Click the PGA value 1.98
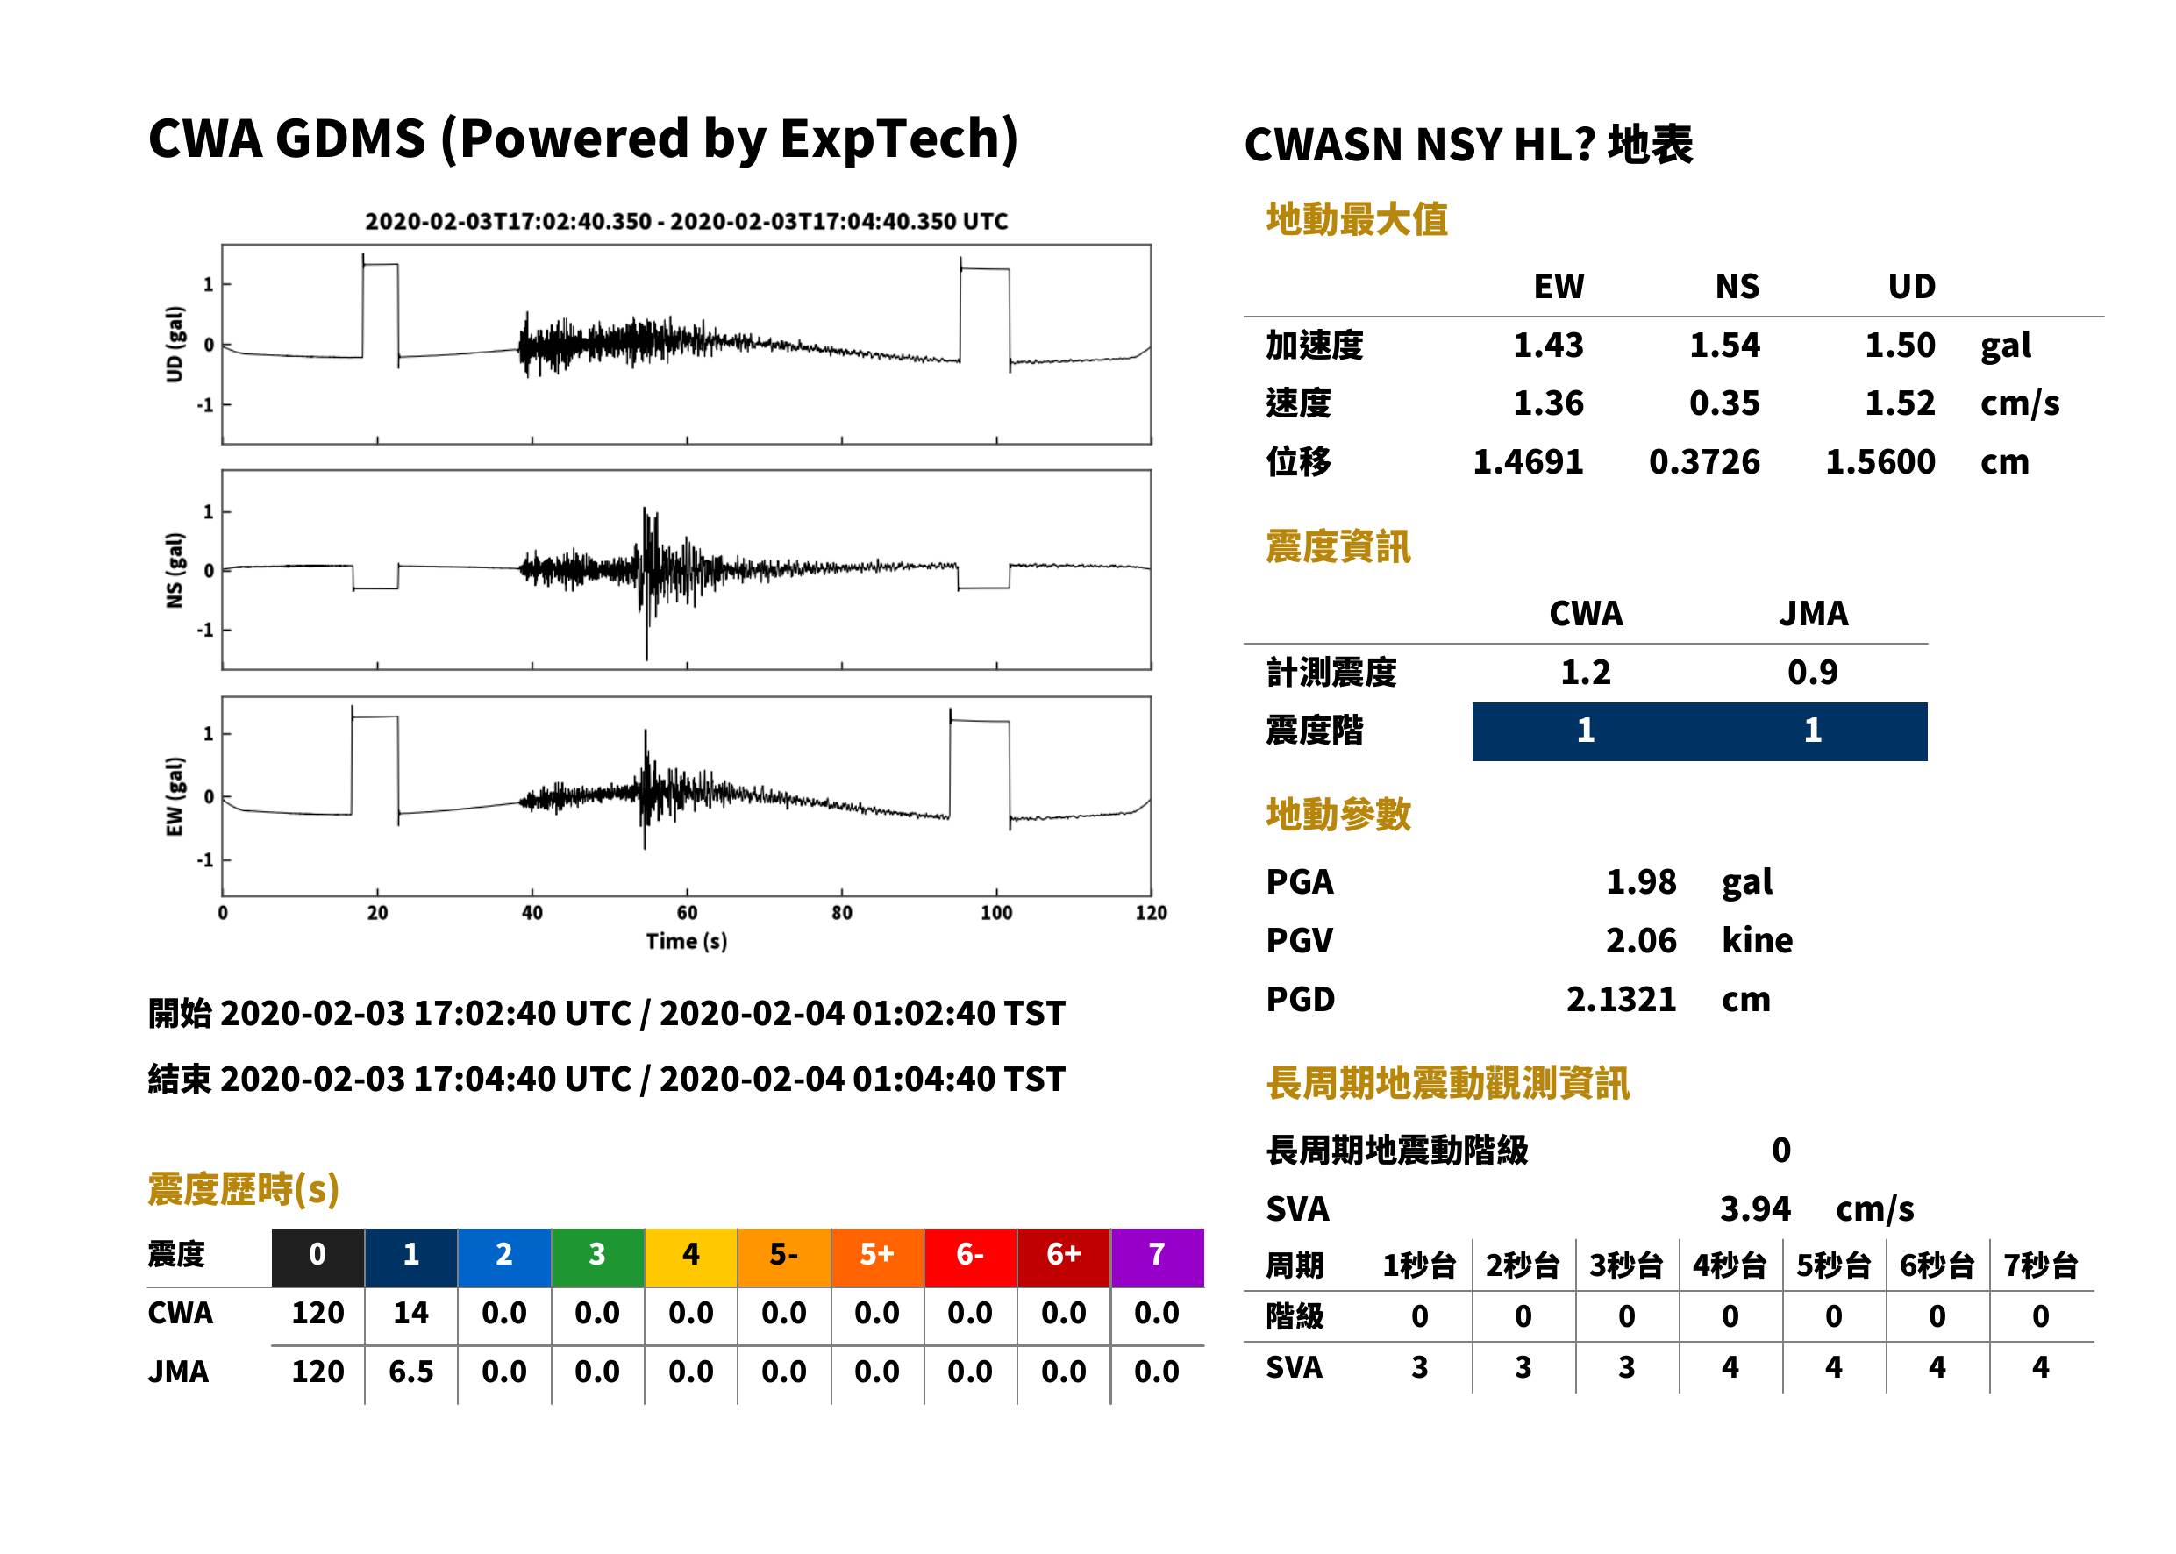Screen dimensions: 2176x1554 click(x=1640, y=881)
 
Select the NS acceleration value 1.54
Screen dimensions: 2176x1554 click(x=1724, y=345)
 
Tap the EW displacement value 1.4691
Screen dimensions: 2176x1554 click(x=1528, y=462)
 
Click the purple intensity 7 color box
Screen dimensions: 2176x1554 click(x=1157, y=1257)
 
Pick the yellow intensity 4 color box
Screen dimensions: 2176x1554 click(x=691, y=1257)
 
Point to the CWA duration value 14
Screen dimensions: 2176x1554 click(x=410, y=1313)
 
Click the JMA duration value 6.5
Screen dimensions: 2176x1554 click(x=410, y=1372)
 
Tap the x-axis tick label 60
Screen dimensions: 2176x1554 click(x=687, y=912)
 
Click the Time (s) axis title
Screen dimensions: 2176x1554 click(x=686, y=942)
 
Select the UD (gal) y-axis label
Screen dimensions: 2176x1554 click(x=175, y=345)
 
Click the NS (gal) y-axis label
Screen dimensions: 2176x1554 click(x=175, y=570)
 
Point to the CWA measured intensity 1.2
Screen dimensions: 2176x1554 click(x=1586, y=672)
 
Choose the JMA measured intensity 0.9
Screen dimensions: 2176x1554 click(x=1812, y=672)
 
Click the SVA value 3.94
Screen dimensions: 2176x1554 click(x=1755, y=1208)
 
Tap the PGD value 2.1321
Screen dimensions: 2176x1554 click(x=1621, y=999)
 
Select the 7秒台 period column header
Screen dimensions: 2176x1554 click(x=2041, y=1265)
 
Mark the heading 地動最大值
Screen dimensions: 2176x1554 click(x=1357, y=219)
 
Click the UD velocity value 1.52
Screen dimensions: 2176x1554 click(x=1900, y=403)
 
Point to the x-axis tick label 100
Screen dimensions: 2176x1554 click(x=996, y=912)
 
